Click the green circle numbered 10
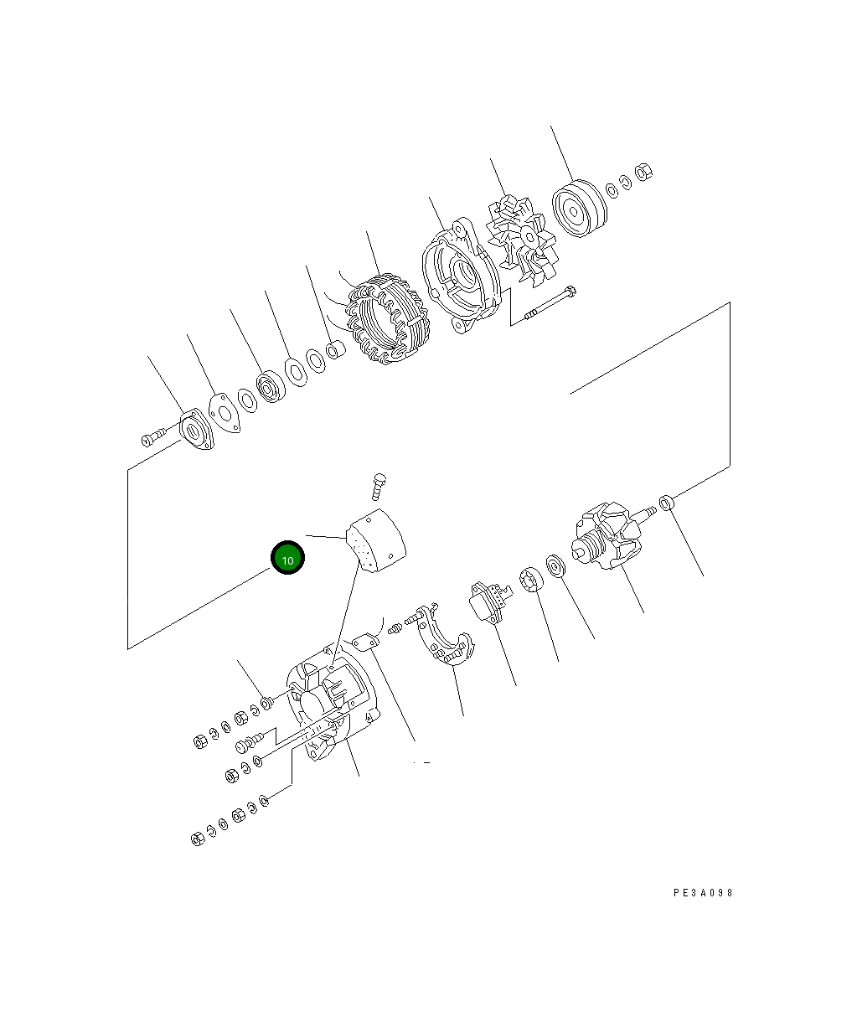[287, 558]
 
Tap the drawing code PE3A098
[703, 893]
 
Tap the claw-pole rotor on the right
[609, 538]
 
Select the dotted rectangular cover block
[376, 543]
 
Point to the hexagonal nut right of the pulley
[644, 172]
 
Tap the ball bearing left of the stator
[272, 387]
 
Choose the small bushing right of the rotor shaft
[667, 503]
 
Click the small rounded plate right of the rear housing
[366, 643]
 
